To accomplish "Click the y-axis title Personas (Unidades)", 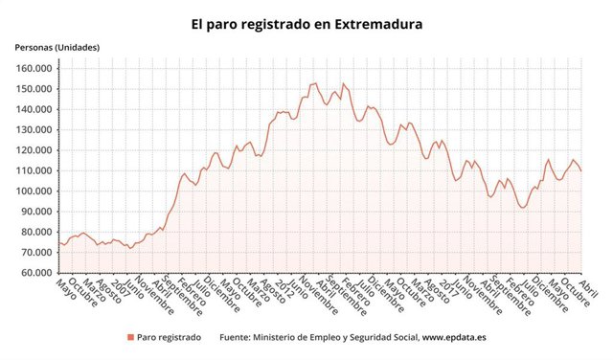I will pos(57,47).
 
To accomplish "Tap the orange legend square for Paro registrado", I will pos(130,337).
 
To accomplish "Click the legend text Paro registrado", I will pos(170,337).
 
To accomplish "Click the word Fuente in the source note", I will pos(238,337).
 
